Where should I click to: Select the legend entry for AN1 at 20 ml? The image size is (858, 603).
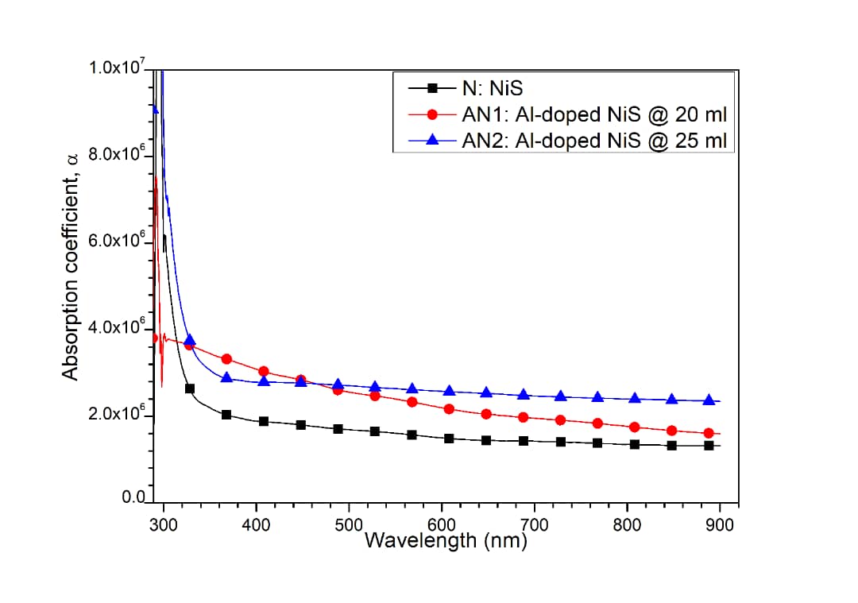click(594, 114)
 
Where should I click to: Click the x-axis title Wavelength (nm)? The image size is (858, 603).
click(445, 541)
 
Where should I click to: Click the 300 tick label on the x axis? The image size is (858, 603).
click(163, 525)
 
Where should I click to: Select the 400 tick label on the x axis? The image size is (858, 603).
click(256, 525)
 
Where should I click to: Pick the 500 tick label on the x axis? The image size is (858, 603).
click(348, 525)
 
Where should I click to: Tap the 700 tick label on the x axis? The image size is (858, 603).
click(534, 525)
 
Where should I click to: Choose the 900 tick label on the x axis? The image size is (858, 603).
click(719, 525)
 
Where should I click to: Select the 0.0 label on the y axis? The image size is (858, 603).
click(132, 497)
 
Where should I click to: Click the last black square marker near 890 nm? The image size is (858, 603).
click(709, 446)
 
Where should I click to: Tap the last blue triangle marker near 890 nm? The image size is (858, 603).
click(709, 400)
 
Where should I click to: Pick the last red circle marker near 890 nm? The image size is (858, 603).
click(709, 433)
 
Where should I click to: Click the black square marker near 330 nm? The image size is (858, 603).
click(190, 388)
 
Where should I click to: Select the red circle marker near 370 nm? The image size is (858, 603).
click(226, 359)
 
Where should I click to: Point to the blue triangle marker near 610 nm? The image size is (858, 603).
click(450, 390)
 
